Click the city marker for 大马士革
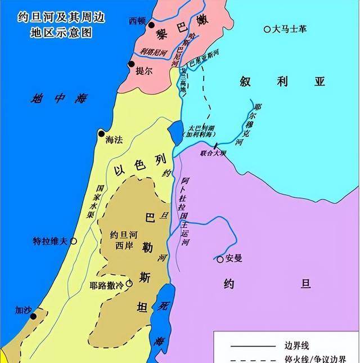pyautogui.click(x=268, y=29)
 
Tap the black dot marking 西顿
pyautogui.click(x=150, y=25)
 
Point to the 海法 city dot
pyautogui.click(x=101, y=134)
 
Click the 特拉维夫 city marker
pyautogui.click(x=73, y=241)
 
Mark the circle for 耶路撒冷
pyautogui.click(x=129, y=285)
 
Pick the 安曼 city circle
pyautogui.click(x=220, y=259)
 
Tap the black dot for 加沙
pyautogui.click(x=33, y=316)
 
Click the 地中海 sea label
pyautogui.click(x=58, y=98)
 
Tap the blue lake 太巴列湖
pyautogui.click(x=175, y=133)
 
